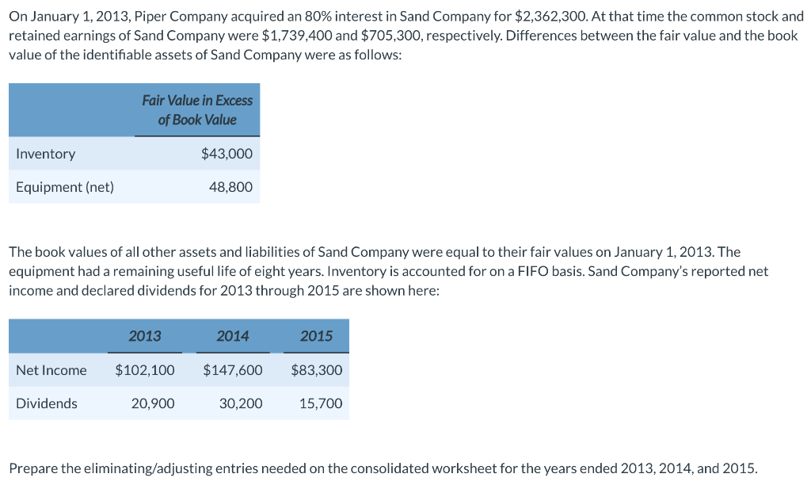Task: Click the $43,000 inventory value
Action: pyautogui.click(x=227, y=154)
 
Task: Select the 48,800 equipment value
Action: pyautogui.click(x=230, y=187)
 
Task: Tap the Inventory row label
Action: pyautogui.click(x=46, y=154)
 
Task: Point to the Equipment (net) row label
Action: pyautogui.click(x=65, y=187)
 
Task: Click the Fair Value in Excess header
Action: pyautogui.click(x=197, y=101)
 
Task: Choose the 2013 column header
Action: pyautogui.click(x=145, y=336)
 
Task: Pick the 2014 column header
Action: pyautogui.click(x=233, y=336)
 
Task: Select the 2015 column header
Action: pyautogui.click(x=317, y=336)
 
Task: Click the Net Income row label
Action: pyautogui.click(x=51, y=370)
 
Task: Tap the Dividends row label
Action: pyautogui.click(x=47, y=403)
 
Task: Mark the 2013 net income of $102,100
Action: pyautogui.click(x=145, y=370)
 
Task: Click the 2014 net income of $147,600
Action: pyautogui.click(x=233, y=370)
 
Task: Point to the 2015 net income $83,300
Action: pyautogui.click(x=317, y=370)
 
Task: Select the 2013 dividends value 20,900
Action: pyautogui.click(x=153, y=403)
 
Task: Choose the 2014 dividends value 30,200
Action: pyautogui.click(x=241, y=403)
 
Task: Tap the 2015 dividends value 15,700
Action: pyautogui.click(x=321, y=403)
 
